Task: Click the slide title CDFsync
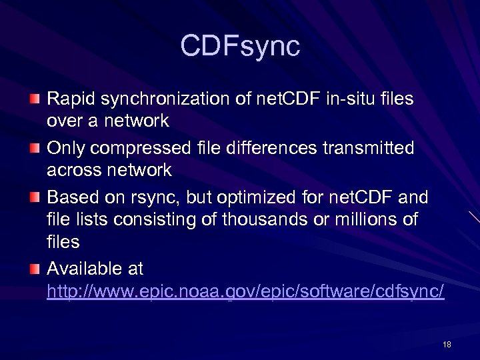click(240, 47)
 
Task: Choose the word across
click(73, 171)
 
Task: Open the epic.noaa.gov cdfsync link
click(245, 293)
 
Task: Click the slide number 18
click(447, 344)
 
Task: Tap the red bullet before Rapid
click(34, 99)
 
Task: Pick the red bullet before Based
click(34, 198)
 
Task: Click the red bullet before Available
click(34, 269)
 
